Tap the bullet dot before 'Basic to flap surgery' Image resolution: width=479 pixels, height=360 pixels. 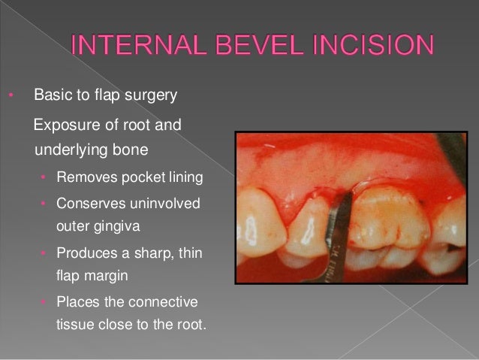[11, 96]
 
